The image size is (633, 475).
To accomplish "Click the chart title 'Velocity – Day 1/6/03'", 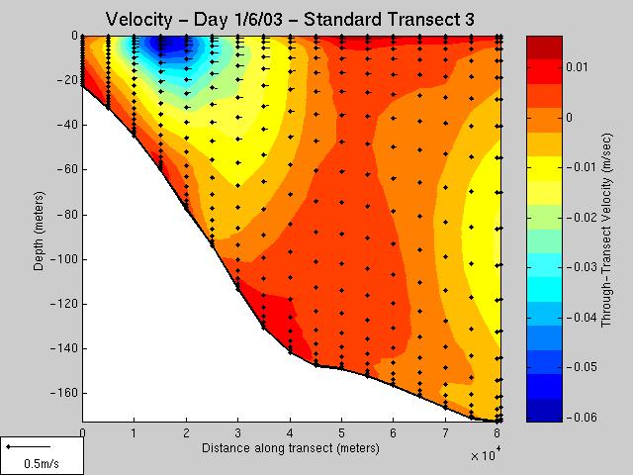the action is point(194,20).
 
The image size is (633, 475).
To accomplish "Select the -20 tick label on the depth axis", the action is point(66,80).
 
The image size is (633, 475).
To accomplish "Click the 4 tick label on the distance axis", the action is point(290,433).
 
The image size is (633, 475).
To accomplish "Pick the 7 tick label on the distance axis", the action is point(445,433).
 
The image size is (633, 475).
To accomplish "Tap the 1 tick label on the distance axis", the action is point(135,433).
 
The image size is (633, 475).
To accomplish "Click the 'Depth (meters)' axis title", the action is point(39,231).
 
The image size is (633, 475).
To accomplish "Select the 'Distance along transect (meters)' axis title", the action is point(290,448).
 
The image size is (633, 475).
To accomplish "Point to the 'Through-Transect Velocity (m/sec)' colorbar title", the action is point(606,231).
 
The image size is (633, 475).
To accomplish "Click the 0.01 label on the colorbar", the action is point(577,67).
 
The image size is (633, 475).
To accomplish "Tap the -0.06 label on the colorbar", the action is point(582,417).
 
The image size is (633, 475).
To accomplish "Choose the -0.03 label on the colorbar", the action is point(582,267).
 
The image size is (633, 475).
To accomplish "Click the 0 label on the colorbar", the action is point(570,118).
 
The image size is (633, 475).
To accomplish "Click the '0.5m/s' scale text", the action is point(42,463).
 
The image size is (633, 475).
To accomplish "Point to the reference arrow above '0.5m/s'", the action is point(29,446).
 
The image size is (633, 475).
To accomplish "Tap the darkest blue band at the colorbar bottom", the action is point(544,411).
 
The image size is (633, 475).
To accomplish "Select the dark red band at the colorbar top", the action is point(544,47).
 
